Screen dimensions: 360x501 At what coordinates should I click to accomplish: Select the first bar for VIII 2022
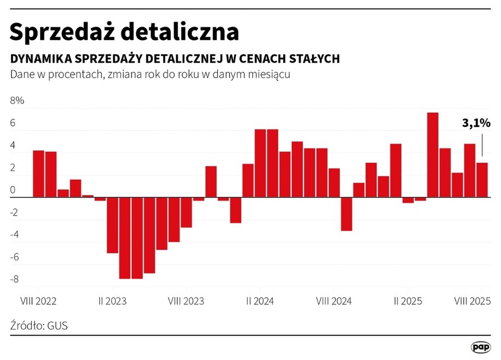click(38, 174)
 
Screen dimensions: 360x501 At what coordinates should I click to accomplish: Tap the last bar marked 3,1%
click(482, 180)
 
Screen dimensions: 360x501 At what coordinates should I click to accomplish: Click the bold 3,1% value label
click(476, 124)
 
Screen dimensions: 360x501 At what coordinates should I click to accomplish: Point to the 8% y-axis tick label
click(17, 101)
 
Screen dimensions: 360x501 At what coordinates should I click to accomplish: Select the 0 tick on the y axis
click(13, 190)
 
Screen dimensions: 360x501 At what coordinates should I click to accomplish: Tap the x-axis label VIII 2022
click(38, 301)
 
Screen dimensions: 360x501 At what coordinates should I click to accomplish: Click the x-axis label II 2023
click(112, 301)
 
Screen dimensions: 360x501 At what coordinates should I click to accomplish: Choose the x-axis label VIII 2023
click(186, 301)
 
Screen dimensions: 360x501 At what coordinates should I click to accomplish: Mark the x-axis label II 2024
click(260, 301)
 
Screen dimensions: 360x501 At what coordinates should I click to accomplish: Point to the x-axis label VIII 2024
click(334, 301)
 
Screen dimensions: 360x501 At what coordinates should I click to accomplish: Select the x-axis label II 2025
click(408, 301)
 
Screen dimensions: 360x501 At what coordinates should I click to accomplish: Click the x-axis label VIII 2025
click(472, 301)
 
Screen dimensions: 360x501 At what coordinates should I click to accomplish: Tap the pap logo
click(481, 347)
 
